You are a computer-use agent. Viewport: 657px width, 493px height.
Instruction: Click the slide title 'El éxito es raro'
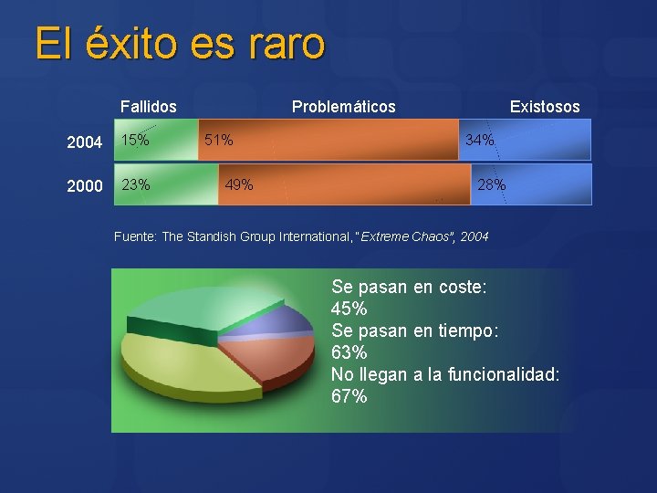tap(180, 44)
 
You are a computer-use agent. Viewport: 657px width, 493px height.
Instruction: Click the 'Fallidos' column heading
tap(149, 107)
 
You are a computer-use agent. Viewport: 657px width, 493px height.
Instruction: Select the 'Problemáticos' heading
tap(343, 107)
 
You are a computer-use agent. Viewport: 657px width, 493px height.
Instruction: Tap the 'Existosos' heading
tap(544, 107)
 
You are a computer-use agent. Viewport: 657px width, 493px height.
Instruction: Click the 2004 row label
tap(85, 142)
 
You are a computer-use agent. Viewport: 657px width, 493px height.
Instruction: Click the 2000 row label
tap(85, 186)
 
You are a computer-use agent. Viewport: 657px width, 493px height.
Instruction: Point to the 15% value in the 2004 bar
tap(136, 141)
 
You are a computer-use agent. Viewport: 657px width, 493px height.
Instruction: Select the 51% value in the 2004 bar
tap(218, 141)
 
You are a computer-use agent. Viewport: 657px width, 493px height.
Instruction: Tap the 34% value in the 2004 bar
tap(480, 141)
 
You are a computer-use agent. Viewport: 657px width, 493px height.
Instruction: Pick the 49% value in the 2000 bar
tap(239, 185)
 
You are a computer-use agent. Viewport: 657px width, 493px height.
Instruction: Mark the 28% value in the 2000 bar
tap(491, 185)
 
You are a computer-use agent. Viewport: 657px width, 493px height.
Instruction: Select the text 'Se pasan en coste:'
tap(409, 287)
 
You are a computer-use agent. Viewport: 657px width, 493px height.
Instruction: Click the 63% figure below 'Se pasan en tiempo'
tap(349, 352)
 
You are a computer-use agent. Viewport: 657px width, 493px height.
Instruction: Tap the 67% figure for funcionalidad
tap(349, 396)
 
